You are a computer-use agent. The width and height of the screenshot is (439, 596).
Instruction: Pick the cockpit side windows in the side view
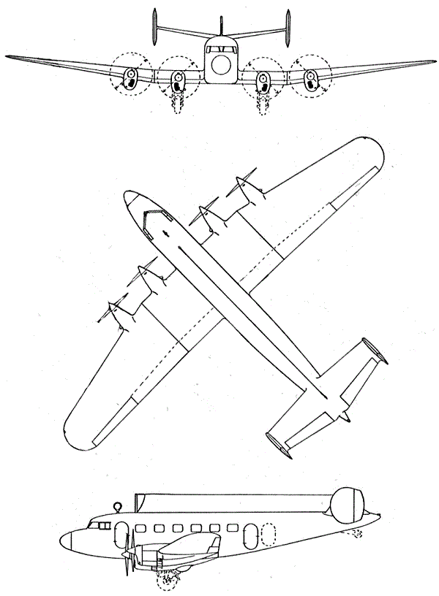point(97,524)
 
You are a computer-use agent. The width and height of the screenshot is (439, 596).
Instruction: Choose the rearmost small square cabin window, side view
point(233,527)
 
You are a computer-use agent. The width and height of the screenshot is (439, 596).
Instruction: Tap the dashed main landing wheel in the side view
point(168,581)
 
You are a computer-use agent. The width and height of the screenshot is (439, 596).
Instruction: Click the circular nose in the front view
point(219,68)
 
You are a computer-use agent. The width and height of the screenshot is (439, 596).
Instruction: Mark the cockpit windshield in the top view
point(154,219)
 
